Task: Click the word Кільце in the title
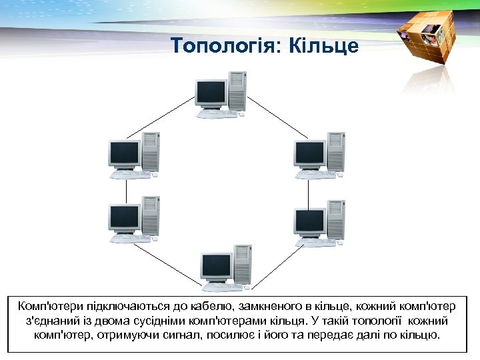(x=330, y=46)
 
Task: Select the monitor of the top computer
(x=211, y=93)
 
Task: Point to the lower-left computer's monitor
(x=124, y=217)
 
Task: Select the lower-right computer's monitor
(x=309, y=219)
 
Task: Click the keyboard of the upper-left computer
(x=130, y=175)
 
